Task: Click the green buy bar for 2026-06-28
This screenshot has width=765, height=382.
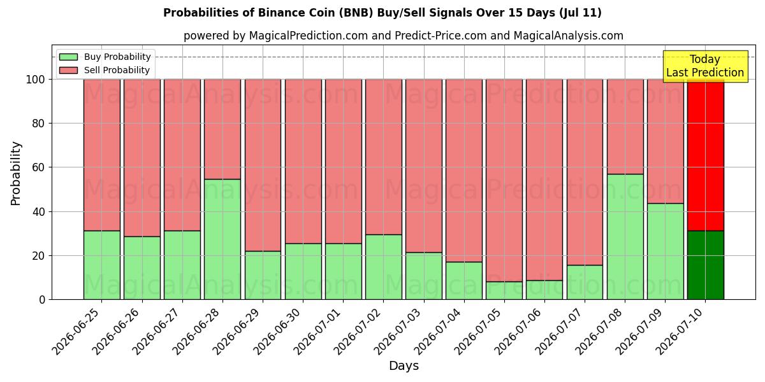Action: pos(222,239)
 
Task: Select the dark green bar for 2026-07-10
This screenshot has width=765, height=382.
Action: pos(706,265)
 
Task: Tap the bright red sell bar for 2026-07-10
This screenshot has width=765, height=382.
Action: pos(706,155)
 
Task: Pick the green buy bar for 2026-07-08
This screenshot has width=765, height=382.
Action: pos(625,237)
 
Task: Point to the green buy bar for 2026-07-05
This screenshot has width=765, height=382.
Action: pos(504,290)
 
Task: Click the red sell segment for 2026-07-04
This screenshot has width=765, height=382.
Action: pos(464,171)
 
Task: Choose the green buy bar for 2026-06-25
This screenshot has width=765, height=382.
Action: pos(102,265)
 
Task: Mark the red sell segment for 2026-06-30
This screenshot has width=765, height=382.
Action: pos(303,161)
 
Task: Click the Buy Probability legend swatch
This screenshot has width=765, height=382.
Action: pos(68,57)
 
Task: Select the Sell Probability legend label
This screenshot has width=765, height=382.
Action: pos(117,70)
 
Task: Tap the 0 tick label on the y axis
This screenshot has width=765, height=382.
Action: pos(42,299)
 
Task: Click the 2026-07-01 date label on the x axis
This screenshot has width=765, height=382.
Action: pos(318,332)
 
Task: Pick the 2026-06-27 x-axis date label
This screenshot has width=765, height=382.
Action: pos(157,332)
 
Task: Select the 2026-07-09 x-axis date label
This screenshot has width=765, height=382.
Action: pos(639,332)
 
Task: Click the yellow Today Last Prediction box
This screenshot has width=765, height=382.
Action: pos(705,66)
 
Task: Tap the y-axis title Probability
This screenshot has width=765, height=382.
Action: pos(16,173)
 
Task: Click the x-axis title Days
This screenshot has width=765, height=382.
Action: pos(404,365)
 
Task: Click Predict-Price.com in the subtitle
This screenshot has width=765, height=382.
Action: pos(441,36)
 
